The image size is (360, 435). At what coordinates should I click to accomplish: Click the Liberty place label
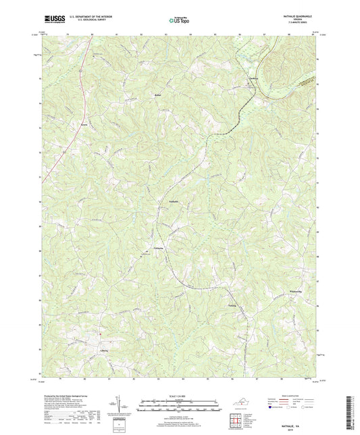[x=104, y=351]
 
